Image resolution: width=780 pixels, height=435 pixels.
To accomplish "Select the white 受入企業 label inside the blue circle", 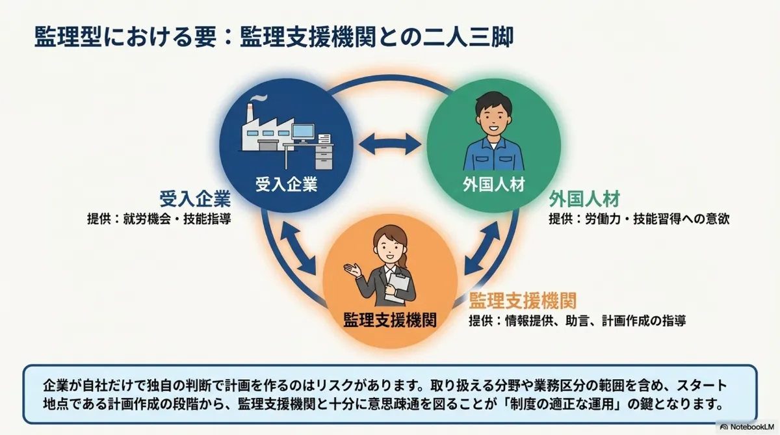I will coord(286,185).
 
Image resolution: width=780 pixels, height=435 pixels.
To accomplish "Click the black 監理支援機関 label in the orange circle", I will coord(389,319).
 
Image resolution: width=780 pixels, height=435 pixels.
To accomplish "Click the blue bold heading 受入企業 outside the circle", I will coord(195,198).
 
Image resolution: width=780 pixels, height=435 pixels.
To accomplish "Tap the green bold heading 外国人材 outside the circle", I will coord(584,198).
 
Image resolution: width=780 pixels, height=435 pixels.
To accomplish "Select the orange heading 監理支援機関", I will coord(523,300).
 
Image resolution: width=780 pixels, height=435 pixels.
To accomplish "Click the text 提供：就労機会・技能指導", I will coord(159,218).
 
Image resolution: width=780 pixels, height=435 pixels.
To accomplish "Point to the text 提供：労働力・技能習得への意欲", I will coord(639,218).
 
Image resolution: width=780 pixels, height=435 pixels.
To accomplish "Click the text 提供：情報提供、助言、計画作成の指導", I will coord(577,321).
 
